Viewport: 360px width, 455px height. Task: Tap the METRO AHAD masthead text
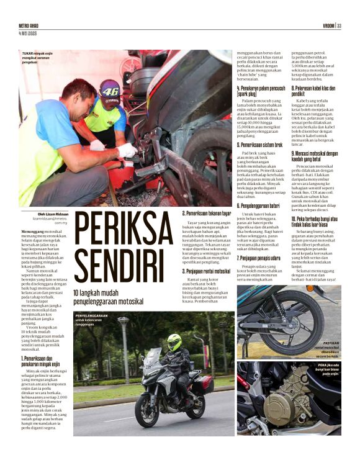click(34, 25)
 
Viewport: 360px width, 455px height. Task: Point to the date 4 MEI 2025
click(30, 32)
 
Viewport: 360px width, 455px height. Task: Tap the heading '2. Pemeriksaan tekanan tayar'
click(207, 214)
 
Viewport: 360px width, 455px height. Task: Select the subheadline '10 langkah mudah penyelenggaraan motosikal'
click(112, 296)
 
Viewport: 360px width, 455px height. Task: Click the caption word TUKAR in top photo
click(29, 54)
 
